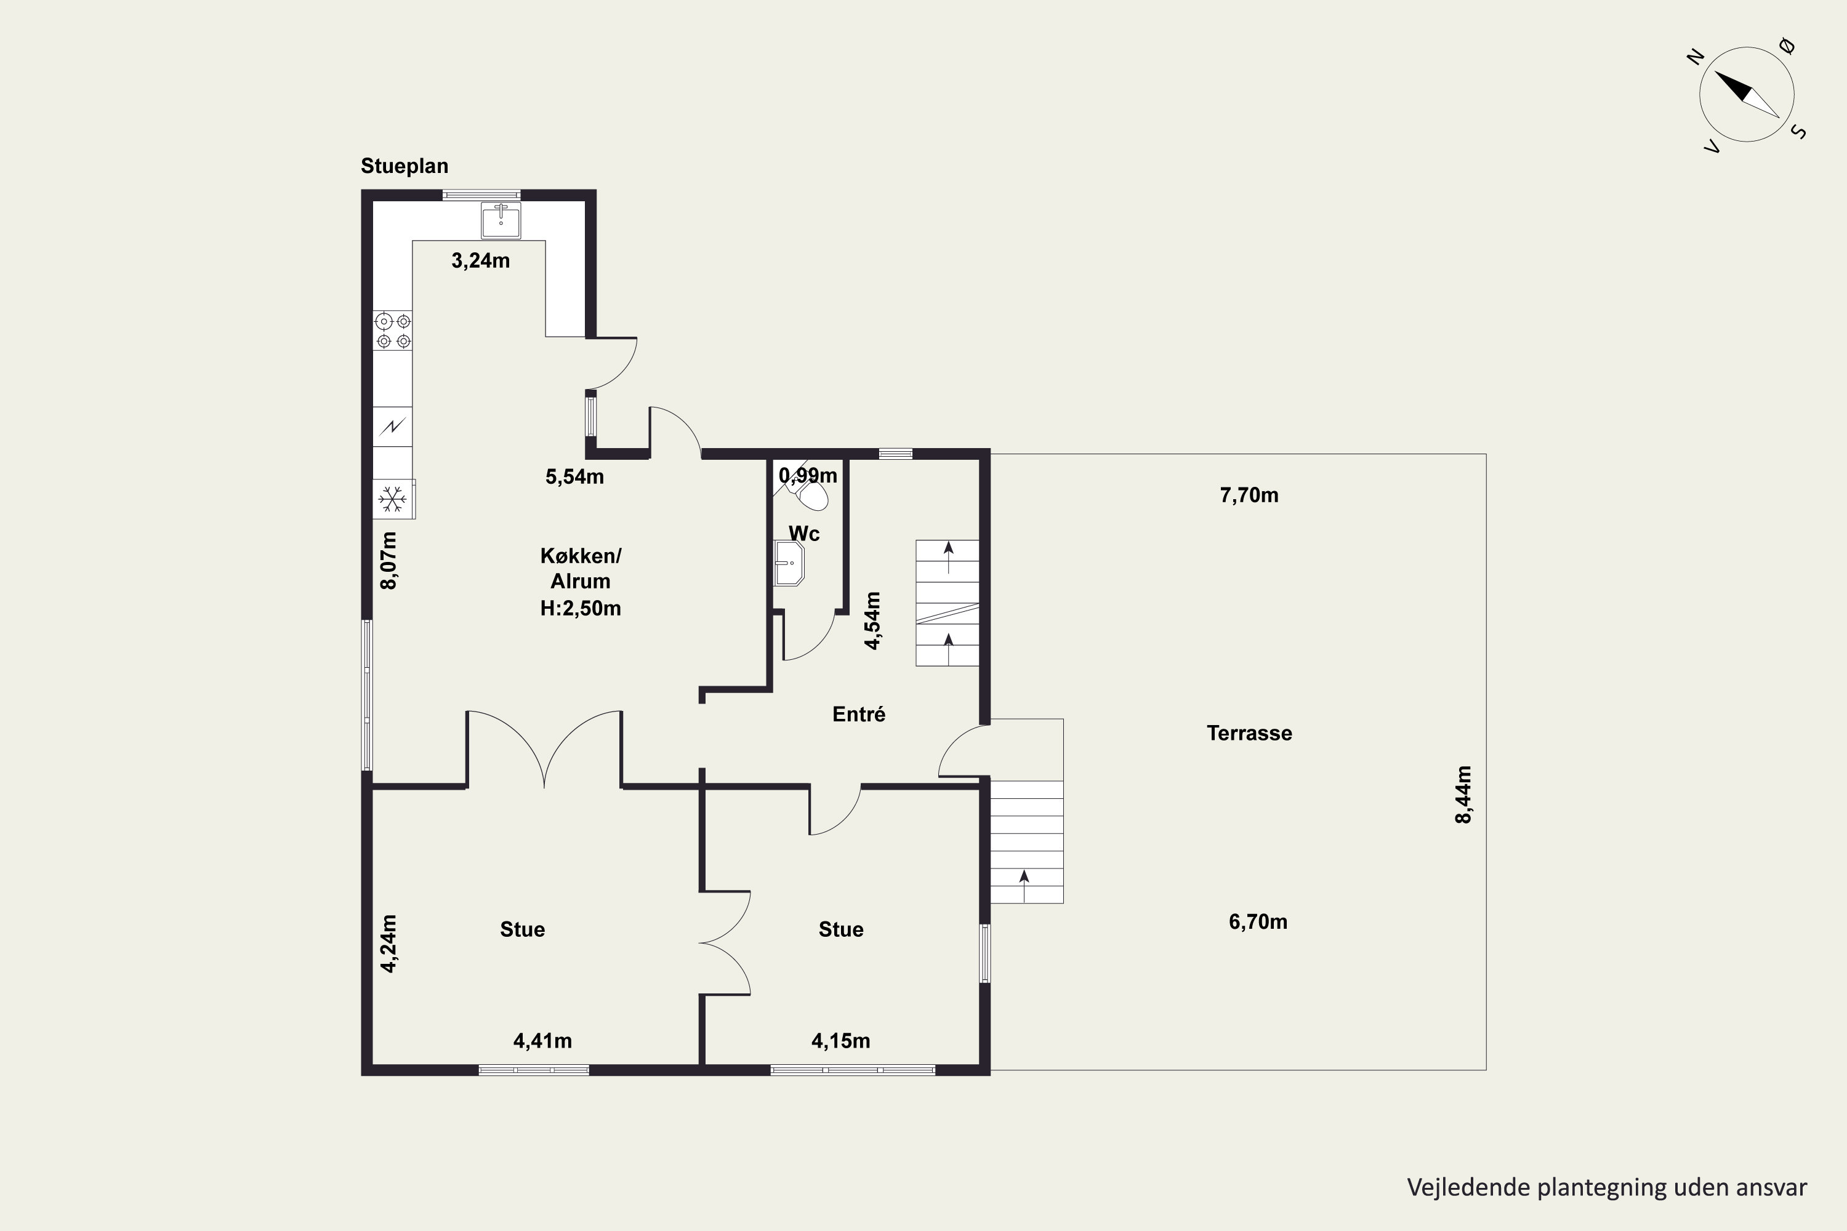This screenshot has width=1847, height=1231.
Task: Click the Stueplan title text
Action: (x=404, y=166)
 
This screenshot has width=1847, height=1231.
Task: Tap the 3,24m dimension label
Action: (x=481, y=260)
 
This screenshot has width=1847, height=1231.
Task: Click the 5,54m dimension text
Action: (x=575, y=476)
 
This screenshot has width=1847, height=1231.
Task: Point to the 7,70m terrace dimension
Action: (x=1249, y=495)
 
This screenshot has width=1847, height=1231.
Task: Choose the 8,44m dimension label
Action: (x=1464, y=795)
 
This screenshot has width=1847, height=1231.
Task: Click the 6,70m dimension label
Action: (x=1258, y=921)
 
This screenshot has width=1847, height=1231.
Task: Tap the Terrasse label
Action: (x=1249, y=733)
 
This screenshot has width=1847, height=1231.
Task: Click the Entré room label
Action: (x=859, y=715)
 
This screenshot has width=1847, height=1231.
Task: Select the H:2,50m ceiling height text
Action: (x=581, y=609)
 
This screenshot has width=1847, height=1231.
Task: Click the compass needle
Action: (x=1747, y=95)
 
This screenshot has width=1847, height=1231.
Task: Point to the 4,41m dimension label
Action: (x=542, y=1041)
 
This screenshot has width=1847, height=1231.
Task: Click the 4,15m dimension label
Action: (x=841, y=1041)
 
